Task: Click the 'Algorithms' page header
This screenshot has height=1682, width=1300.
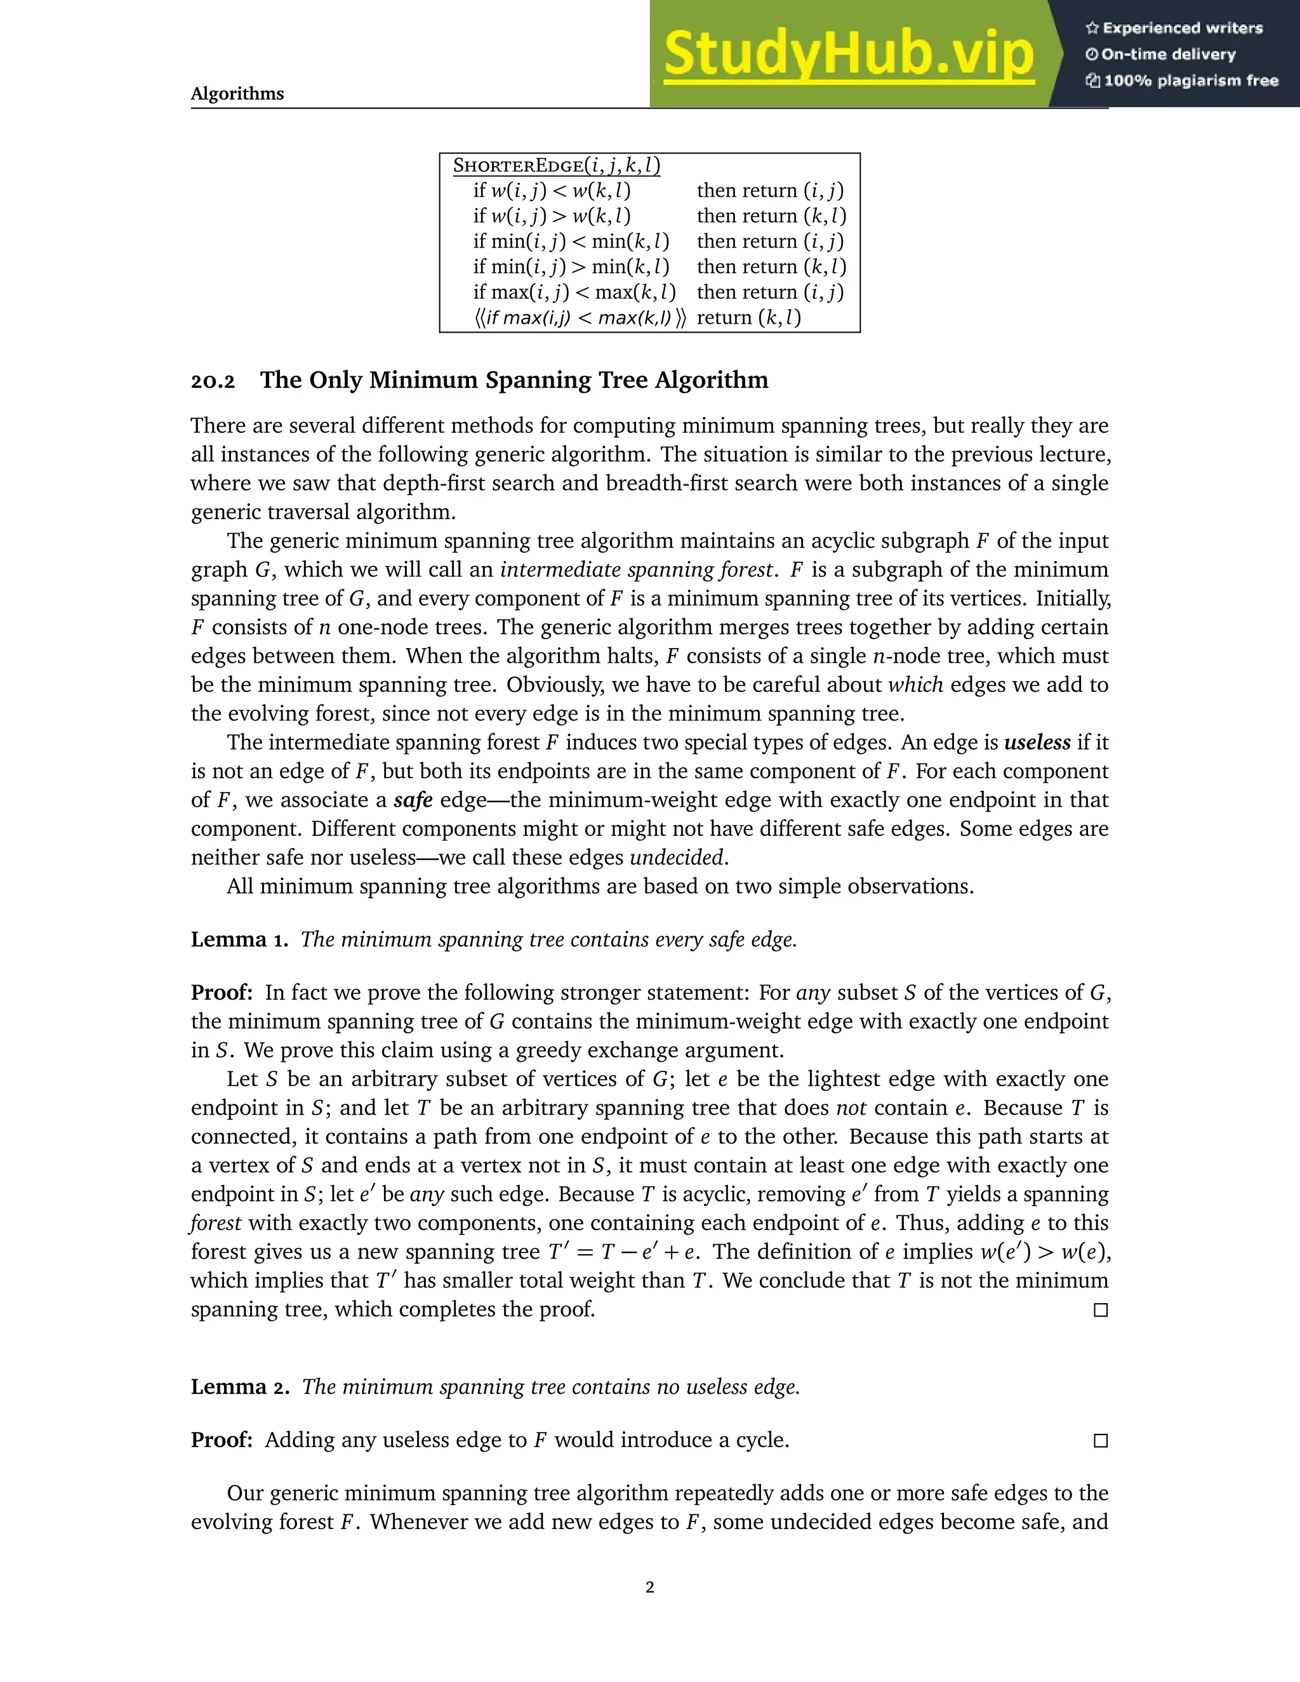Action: tap(237, 94)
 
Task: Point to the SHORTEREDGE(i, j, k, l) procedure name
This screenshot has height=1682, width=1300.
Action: tap(556, 166)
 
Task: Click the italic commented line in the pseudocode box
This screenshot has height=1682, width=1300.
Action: tap(579, 317)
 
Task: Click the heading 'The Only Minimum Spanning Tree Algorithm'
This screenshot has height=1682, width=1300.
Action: tap(514, 380)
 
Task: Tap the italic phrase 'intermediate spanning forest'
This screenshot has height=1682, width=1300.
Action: tap(635, 570)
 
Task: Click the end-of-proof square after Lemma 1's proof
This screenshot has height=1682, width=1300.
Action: tap(1101, 1310)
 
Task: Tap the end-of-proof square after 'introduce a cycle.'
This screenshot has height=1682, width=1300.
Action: tap(1101, 1441)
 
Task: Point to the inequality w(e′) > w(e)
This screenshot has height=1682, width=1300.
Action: tap(1044, 1252)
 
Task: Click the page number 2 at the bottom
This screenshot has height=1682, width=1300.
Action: tap(649, 1587)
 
